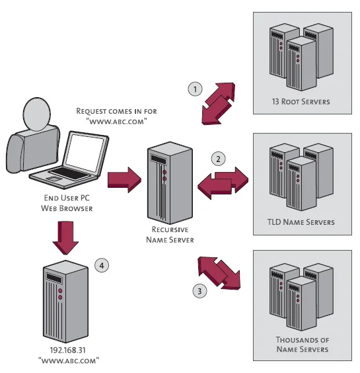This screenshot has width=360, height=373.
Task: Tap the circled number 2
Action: click(218, 159)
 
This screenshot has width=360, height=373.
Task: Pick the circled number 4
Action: click(101, 265)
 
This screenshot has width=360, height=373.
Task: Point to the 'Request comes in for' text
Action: click(116, 110)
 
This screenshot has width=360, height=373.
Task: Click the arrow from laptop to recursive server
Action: click(124, 178)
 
